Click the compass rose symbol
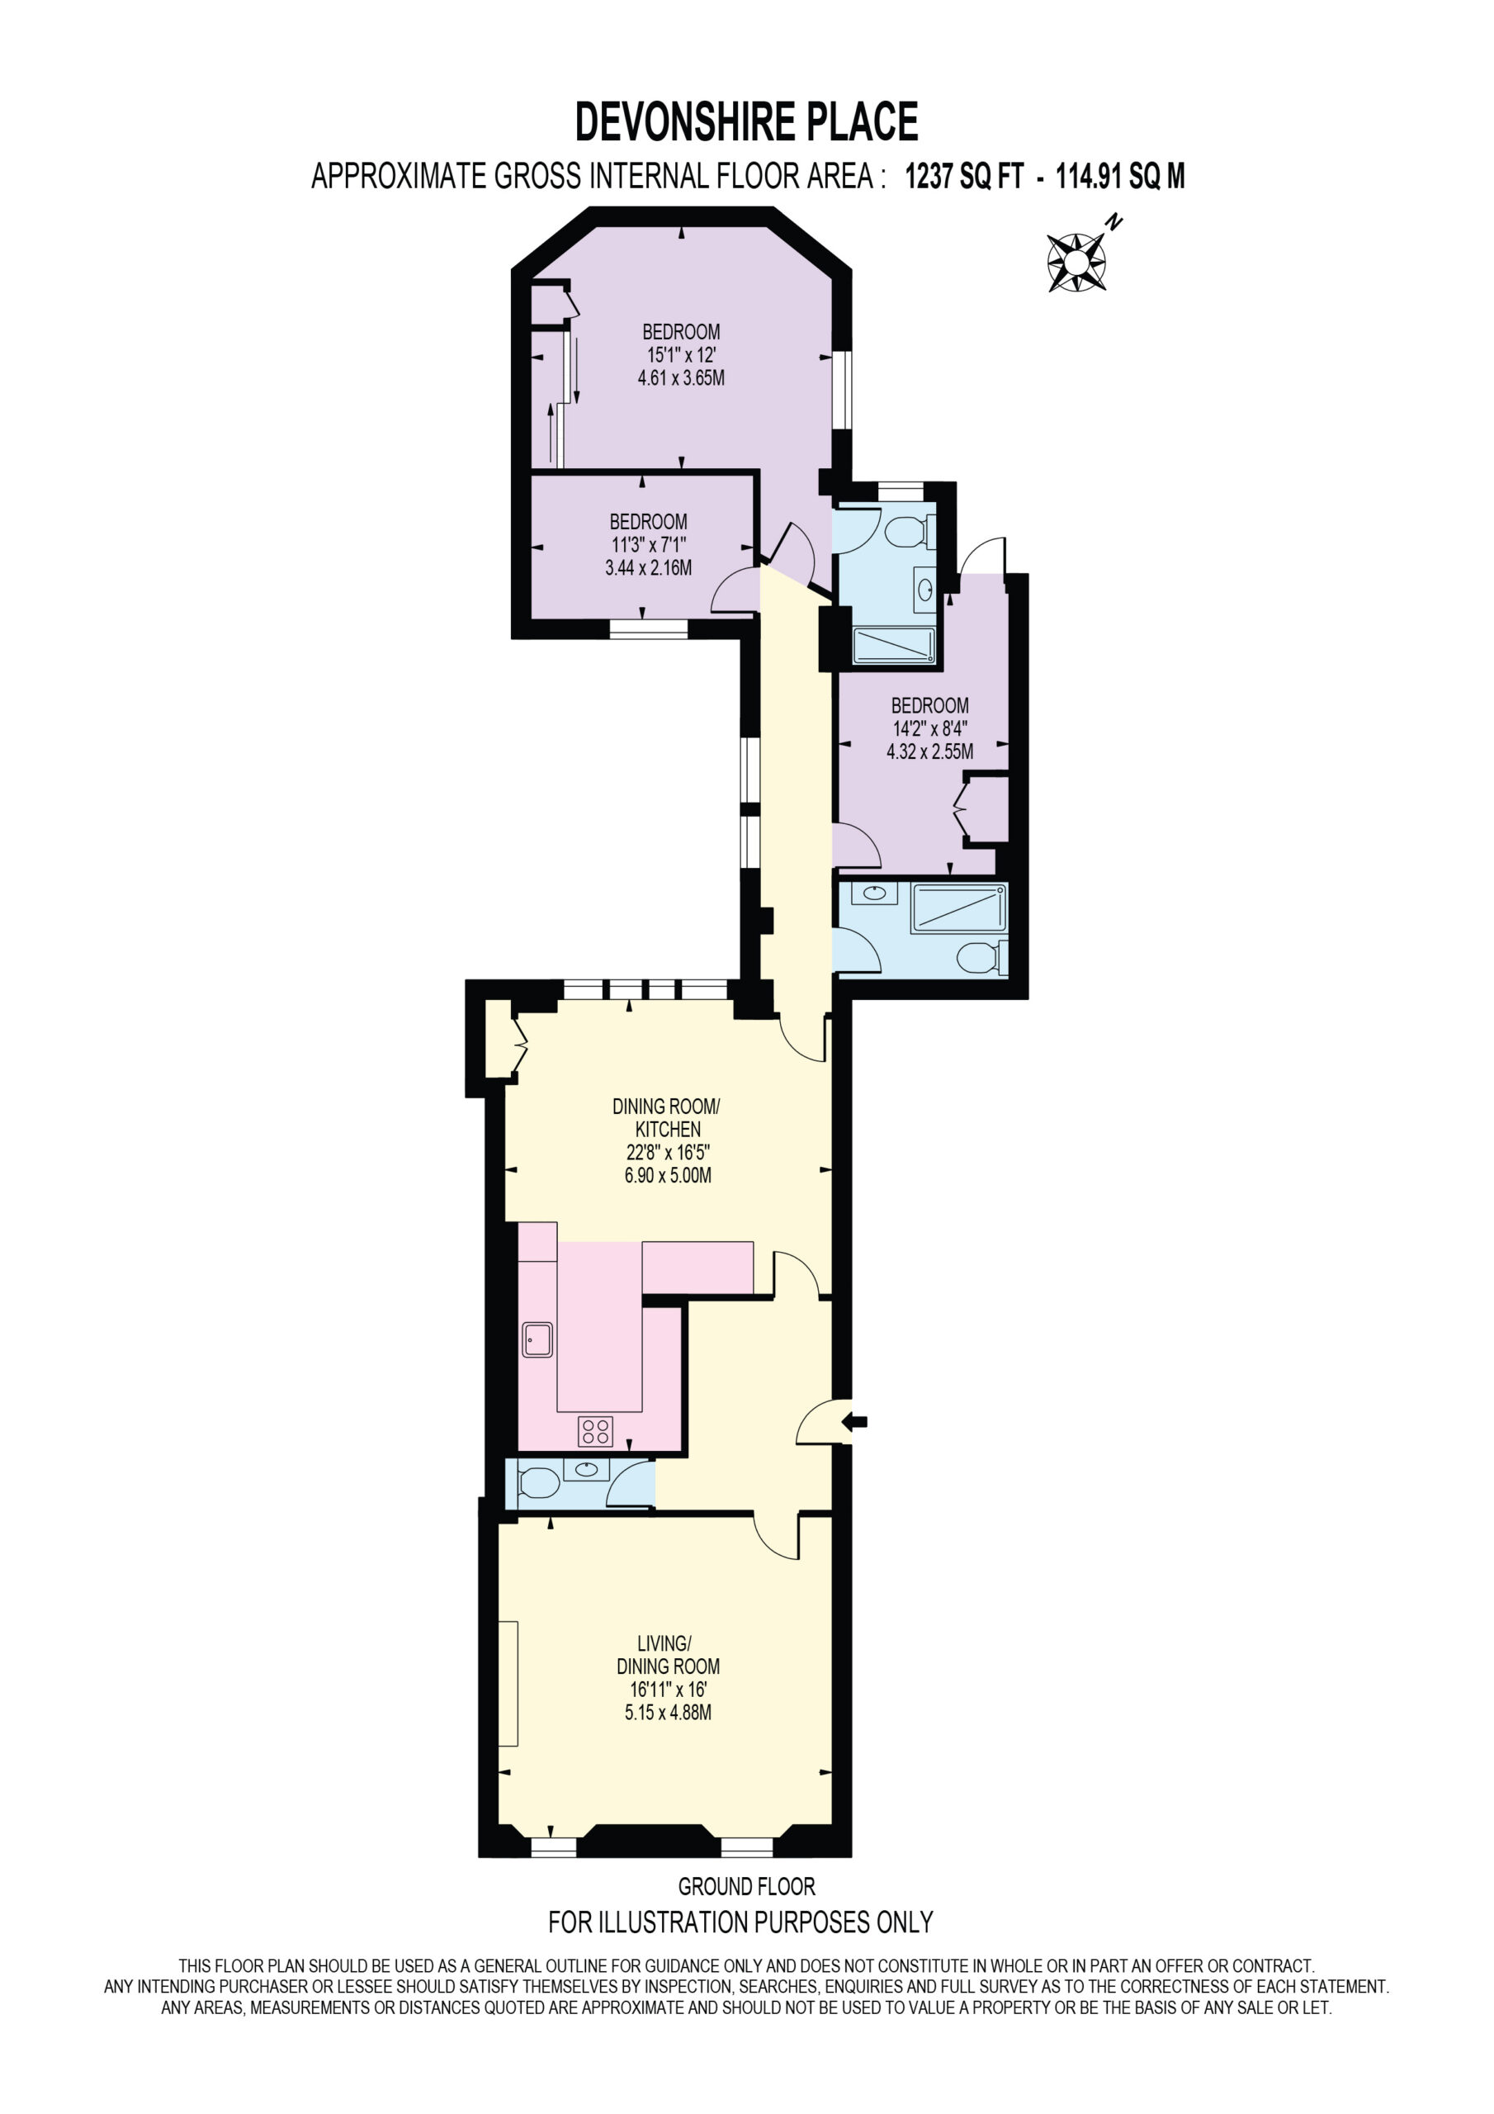point(1076,263)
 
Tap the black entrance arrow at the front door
point(854,1422)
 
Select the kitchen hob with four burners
point(596,1431)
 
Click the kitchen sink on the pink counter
point(537,1339)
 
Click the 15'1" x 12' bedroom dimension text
point(681,354)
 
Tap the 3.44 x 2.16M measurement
point(648,568)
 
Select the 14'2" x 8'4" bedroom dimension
point(929,728)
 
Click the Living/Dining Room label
point(668,1655)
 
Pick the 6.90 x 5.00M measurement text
point(669,1175)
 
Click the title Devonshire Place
point(746,122)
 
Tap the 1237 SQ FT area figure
point(964,176)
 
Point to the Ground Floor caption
point(746,1887)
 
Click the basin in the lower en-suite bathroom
point(874,892)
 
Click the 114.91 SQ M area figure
point(1119,176)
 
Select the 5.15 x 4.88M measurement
point(669,1713)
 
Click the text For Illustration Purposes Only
point(741,1922)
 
